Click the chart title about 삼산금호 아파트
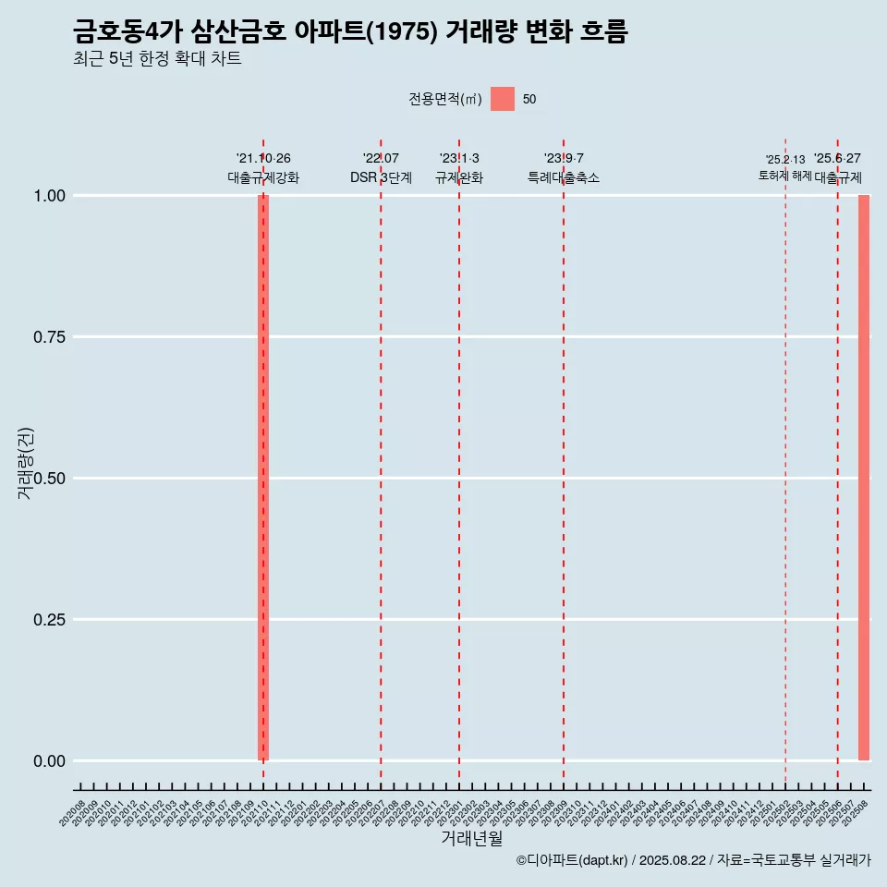350,32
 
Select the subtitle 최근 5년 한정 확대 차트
157,60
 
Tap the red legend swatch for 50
503,99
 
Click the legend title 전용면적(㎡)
445,100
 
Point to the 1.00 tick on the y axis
49,196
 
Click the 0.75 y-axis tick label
49,337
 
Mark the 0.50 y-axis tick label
49,479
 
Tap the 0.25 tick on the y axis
49,620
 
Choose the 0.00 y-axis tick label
49,761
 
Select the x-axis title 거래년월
471,838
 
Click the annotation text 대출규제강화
263,178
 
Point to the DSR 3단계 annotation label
381,178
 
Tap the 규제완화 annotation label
459,178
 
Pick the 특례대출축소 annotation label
564,178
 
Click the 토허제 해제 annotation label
785,176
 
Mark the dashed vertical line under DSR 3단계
381,462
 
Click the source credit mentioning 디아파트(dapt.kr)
693,861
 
